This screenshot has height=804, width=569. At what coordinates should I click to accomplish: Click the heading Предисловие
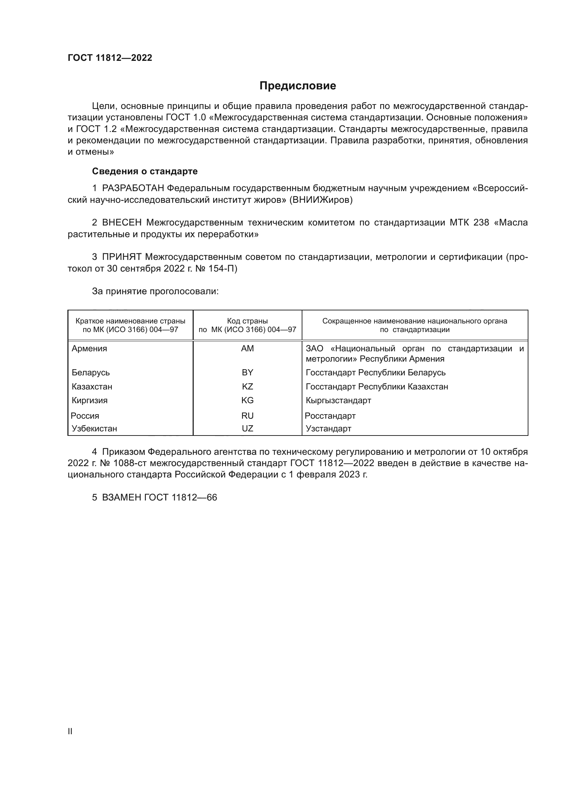(x=298, y=86)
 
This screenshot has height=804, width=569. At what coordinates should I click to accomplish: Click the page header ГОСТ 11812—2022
(x=110, y=58)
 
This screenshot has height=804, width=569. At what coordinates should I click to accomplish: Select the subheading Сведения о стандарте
(x=145, y=171)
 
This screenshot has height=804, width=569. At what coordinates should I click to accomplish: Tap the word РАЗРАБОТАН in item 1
(x=133, y=188)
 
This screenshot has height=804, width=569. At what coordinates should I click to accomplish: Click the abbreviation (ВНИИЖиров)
(x=321, y=200)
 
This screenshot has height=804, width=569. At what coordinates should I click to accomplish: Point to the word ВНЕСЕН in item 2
(x=122, y=223)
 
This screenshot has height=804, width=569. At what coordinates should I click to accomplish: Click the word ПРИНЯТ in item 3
(x=121, y=257)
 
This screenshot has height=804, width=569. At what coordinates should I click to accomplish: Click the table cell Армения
(x=89, y=349)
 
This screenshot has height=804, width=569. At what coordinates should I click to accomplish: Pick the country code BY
(x=247, y=373)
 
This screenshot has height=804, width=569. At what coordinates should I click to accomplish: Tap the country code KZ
(x=247, y=387)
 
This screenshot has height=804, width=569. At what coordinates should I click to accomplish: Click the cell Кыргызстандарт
(x=338, y=400)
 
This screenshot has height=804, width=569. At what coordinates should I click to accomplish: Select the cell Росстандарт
(x=330, y=416)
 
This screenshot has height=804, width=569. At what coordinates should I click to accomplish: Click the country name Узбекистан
(x=94, y=429)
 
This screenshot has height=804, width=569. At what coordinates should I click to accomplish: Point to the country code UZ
(x=247, y=429)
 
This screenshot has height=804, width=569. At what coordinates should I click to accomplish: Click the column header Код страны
(x=247, y=321)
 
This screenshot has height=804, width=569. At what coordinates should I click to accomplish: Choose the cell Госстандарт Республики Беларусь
(x=376, y=373)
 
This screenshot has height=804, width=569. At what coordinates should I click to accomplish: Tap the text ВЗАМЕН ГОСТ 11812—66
(x=159, y=498)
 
